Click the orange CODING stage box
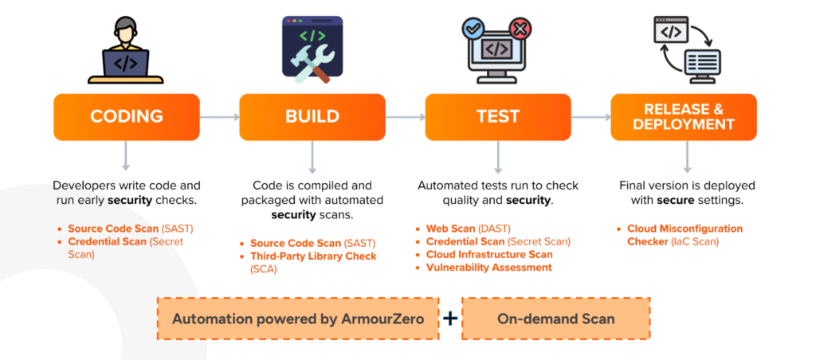click(x=126, y=117)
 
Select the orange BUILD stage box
click(x=312, y=117)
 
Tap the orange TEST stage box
click(x=498, y=117)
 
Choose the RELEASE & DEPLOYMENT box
click(x=683, y=117)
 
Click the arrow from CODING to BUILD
click(x=219, y=117)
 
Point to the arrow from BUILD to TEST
click(x=405, y=117)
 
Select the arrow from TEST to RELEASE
click(x=590, y=117)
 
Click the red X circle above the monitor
click(x=520, y=29)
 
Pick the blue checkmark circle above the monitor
click(x=473, y=29)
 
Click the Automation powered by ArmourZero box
click(x=298, y=319)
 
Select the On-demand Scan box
click(x=555, y=319)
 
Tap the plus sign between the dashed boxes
click(x=450, y=319)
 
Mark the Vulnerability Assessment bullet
click(x=488, y=268)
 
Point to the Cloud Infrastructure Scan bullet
click(x=488, y=255)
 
